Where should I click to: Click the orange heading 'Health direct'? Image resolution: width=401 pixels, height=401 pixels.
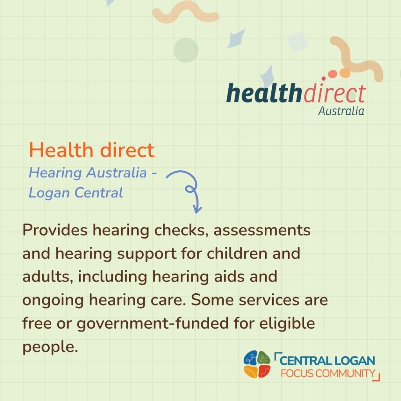coord(92,150)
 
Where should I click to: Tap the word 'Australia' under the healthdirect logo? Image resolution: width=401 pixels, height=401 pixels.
coord(341,111)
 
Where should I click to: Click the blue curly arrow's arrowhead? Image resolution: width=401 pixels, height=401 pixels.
coord(197,209)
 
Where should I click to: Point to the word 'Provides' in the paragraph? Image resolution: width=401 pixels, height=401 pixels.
coord(55,229)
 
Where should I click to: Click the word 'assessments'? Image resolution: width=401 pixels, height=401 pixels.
coord(262,230)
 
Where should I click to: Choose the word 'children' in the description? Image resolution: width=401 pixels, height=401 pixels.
coord(237,253)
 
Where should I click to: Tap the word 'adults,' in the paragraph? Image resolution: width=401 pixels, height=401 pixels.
coord(47,277)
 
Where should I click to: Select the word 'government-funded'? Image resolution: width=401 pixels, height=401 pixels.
coord(153,323)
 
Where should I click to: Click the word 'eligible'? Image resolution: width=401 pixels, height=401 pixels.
coord(287,323)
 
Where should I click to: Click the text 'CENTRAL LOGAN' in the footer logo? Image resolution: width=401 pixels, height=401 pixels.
coord(327,361)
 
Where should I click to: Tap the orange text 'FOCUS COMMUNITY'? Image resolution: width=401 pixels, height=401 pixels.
coord(328,373)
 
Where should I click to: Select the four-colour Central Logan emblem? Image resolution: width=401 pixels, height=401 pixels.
coord(257,365)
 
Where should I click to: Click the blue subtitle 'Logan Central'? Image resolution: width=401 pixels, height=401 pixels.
coord(76,193)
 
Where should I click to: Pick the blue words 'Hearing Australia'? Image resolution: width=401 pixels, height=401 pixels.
coord(88,173)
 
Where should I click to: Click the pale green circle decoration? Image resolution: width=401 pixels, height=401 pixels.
coord(186,50)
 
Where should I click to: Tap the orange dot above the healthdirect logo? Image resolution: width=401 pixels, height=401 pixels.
coord(345,72)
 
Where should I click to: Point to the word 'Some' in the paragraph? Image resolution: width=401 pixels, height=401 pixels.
coord(212,300)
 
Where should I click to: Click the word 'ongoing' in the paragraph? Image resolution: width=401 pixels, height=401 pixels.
coord(53,300)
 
